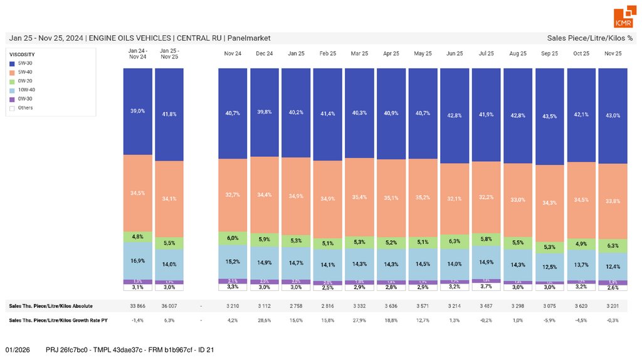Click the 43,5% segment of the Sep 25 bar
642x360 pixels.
click(549, 117)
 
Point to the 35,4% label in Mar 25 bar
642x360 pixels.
click(359, 197)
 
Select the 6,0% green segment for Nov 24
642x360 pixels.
click(233, 238)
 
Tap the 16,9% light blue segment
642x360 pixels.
click(137, 260)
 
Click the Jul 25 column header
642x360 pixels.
click(487, 54)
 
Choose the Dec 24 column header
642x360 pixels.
click(264, 54)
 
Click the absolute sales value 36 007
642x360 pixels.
click(169, 306)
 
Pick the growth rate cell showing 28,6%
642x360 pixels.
click(264, 320)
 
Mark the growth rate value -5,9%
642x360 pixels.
click(549, 320)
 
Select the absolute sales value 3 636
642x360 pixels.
click(391, 306)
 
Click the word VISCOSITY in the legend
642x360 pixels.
click(22, 55)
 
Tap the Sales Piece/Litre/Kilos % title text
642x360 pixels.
click(589, 38)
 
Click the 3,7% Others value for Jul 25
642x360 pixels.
click(487, 287)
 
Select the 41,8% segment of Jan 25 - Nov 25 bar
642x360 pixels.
click(169, 114)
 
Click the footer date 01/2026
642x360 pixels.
click(18, 349)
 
